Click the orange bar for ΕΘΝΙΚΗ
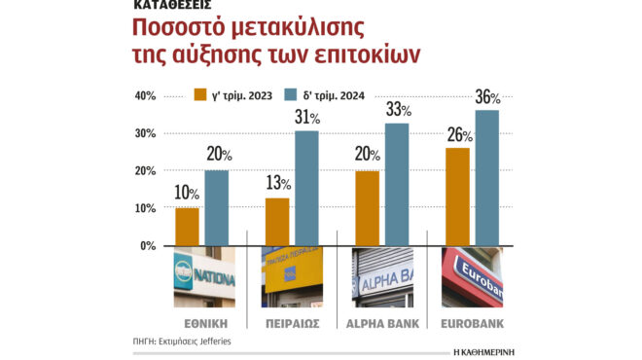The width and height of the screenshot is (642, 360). pyautogui.click(x=188, y=227)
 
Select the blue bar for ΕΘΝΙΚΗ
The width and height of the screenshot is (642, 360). pyautogui.click(x=217, y=208)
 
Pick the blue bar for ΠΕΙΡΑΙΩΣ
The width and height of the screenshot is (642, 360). pyautogui.click(x=306, y=188)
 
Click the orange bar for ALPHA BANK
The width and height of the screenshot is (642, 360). pyautogui.click(x=367, y=208)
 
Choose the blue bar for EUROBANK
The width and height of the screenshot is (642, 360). pyautogui.click(x=486, y=178)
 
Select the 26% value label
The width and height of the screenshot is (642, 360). pyautogui.click(x=457, y=135)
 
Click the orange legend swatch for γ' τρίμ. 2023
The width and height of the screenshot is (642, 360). pyautogui.click(x=205, y=95)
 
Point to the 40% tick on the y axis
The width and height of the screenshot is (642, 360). pyautogui.click(x=145, y=96)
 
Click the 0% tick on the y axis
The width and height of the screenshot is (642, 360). pyautogui.click(x=148, y=246)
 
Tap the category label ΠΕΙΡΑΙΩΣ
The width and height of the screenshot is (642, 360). pyautogui.click(x=292, y=322)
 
